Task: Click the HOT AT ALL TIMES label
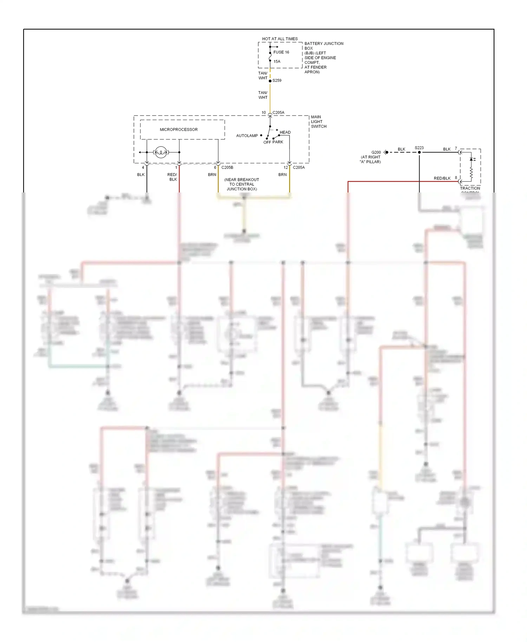pos(280,39)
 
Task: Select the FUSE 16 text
pos(281,52)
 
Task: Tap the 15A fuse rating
pos(277,61)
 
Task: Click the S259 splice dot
pos(270,81)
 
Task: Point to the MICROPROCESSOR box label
pos(178,130)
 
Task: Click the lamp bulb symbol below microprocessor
pos(161,152)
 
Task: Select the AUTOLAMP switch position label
pos(247,136)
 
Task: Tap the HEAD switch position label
pos(285,132)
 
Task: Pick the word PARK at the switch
pos(278,142)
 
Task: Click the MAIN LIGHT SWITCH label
pos(318,122)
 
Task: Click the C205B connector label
pos(227,168)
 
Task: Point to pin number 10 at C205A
pos(263,113)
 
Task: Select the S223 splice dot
pos(419,152)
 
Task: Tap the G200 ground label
pos(376,152)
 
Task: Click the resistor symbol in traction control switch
pos(471,172)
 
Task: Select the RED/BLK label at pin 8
pos(442,178)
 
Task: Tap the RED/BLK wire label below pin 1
pos(172,177)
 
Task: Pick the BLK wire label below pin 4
pos(141,175)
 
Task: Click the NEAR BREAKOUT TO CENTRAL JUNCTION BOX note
pos(242,184)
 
